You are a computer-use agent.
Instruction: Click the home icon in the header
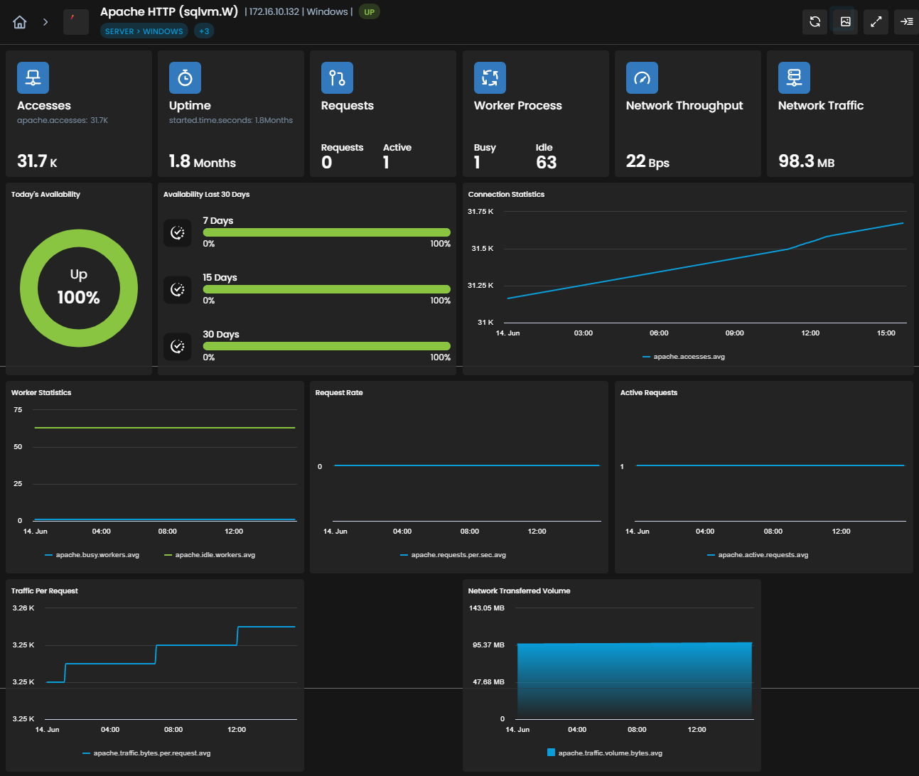(20, 21)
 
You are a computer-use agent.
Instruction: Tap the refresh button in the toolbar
(815, 21)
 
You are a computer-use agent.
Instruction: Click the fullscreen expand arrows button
(876, 21)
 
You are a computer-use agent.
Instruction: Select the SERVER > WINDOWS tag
(144, 31)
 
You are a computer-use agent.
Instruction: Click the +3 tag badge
(204, 31)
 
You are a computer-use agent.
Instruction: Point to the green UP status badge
(370, 12)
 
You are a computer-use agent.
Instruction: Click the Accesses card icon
(33, 78)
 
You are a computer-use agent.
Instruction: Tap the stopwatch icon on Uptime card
(185, 78)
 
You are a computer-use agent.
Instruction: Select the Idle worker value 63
(546, 163)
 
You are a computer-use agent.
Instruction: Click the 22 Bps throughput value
(647, 161)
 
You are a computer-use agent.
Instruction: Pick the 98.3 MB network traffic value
(806, 161)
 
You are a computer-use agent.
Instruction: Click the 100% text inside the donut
(79, 298)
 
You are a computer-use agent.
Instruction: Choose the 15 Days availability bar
(326, 289)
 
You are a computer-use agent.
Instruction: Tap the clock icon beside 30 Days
(178, 346)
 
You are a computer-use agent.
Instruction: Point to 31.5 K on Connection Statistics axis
(483, 249)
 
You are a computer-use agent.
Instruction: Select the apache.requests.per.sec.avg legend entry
(453, 555)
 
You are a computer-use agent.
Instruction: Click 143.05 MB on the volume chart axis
(486, 608)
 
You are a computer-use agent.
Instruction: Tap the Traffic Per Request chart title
(45, 591)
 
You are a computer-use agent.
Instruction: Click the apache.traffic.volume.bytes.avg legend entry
(605, 753)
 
